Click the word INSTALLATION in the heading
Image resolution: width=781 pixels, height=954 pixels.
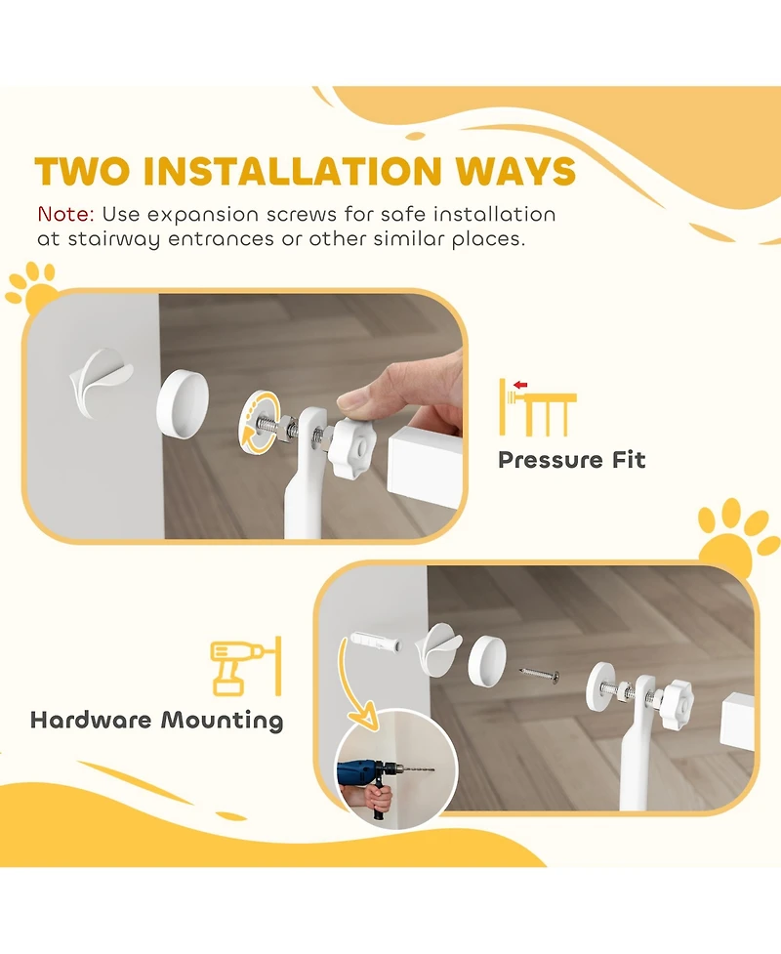(x=292, y=171)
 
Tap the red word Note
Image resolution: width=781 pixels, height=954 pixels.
(x=65, y=214)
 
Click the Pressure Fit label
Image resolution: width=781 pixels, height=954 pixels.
(x=571, y=460)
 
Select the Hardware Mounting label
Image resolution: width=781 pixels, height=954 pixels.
(x=157, y=721)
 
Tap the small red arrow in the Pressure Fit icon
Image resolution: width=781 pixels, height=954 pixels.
(x=520, y=385)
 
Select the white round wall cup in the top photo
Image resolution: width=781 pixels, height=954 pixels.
(x=183, y=399)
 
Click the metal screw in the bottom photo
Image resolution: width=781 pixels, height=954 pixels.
(x=540, y=673)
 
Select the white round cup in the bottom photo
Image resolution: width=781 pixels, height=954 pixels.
(x=487, y=660)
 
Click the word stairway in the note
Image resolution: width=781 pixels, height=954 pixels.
(x=114, y=239)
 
